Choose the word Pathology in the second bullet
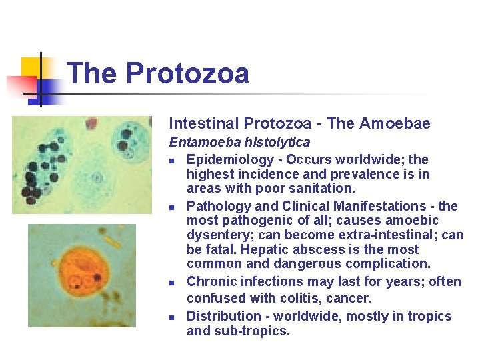pyautogui.click(x=217, y=206)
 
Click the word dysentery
pyautogui.click(x=219, y=235)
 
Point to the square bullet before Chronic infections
pyautogui.click(x=172, y=283)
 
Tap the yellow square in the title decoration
pyautogui.click(x=31, y=68)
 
